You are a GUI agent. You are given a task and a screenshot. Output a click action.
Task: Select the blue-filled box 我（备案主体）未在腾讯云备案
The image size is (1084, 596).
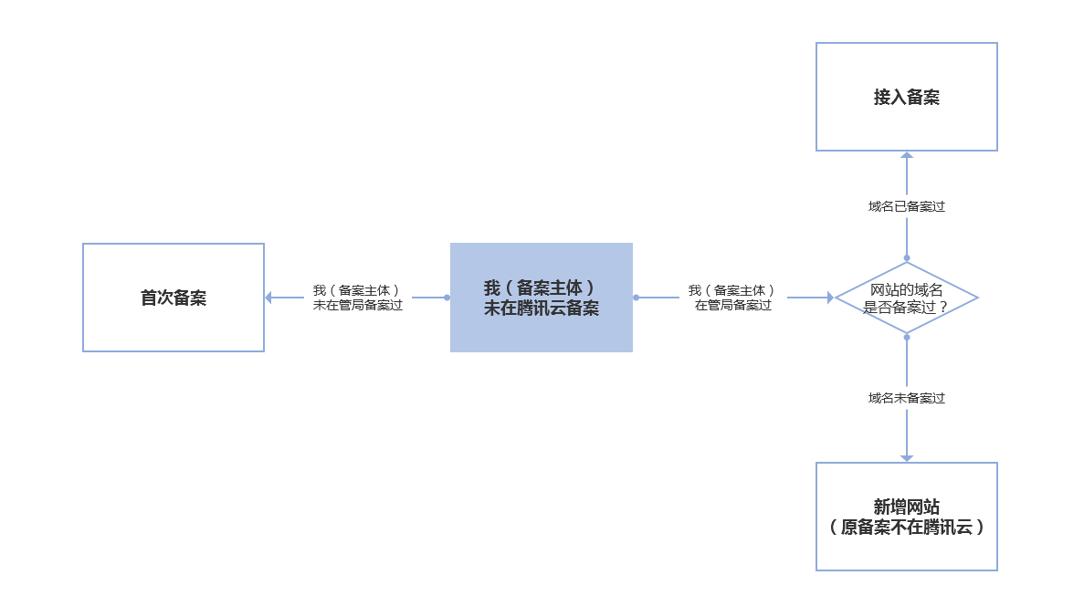[x=542, y=298]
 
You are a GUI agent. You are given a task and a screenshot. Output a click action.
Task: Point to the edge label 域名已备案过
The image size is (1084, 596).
[x=906, y=206]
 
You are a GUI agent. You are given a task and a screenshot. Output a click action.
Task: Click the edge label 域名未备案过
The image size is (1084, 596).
[x=906, y=398]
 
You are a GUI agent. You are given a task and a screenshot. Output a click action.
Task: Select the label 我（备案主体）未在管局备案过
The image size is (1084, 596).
[x=357, y=298]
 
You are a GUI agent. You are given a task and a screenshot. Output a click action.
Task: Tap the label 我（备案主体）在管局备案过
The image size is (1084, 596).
[x=732, y=298]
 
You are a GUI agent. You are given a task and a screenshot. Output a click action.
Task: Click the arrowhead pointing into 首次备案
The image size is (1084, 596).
[x=268, y=298]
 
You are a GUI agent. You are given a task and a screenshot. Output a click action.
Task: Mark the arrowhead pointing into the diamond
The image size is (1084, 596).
[x=830, y=298]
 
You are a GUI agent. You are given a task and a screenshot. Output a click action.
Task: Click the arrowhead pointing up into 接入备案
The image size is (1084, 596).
[x=906, y=154]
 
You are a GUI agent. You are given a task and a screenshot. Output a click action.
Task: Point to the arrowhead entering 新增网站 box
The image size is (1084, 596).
[x=906, y=458]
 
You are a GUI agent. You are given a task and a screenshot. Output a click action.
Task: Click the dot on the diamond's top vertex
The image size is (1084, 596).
[x=906, y=258]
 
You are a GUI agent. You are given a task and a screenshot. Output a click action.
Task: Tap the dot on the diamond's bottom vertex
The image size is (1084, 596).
[x=906, y=337]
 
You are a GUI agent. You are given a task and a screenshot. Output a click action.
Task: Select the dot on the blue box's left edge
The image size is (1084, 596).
[x=447, y=298]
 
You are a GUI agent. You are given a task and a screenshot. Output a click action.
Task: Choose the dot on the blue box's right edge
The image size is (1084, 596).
[x=636, y=298]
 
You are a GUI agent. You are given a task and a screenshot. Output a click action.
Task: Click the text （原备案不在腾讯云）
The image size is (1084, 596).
[x=906, y=527]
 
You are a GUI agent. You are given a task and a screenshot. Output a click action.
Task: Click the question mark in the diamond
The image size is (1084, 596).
[x=943, y=308]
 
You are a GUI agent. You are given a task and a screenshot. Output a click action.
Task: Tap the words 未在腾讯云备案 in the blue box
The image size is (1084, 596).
[x=542, y=308]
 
